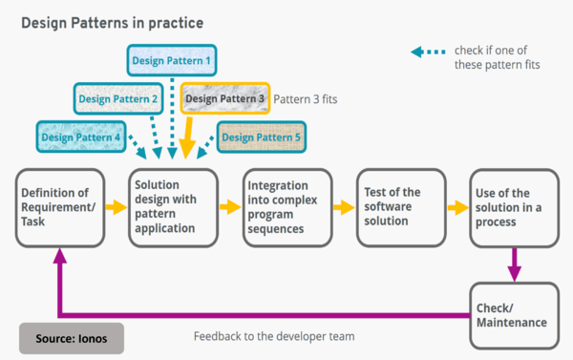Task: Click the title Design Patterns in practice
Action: coord(113,20)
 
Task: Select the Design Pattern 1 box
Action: coord(173,61)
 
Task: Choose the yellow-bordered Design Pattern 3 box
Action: coord(224,98)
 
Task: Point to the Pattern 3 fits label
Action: coord(306,98)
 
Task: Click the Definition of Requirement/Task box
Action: coord(59,207)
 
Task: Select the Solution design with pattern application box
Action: coord(171,207)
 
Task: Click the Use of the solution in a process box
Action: coord(513,207)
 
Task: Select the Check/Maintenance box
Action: coord(513,315)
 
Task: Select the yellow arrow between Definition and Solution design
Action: coord(115,206)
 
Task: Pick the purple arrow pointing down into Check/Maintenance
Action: coord(514,264)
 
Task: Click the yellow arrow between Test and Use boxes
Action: coord(456,206)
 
